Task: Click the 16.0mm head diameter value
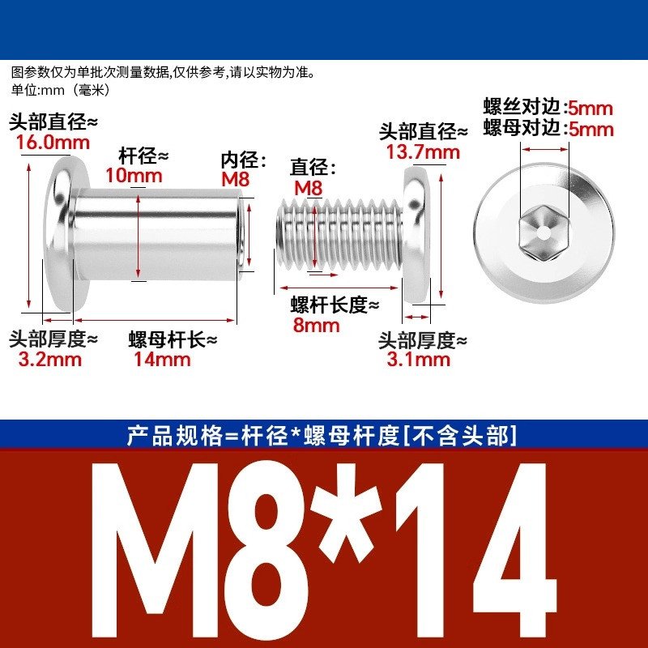pos(53,143)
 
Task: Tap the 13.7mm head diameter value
pos(423,152)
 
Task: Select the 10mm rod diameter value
pos(134,176)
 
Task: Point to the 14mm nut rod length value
pos(161,359)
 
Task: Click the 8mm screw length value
pos(316,326)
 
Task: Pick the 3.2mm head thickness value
pos(49,359)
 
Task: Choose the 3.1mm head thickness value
pos(418,359)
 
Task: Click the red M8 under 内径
pos(236,179)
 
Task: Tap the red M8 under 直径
pos(308,189)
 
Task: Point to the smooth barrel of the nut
pos(157,234)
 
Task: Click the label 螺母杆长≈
pos(173,339)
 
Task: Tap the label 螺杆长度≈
pos(335,305)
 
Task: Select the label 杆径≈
pos(143,156)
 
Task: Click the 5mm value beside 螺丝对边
pos(590,109)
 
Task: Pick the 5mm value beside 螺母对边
pos(591,130)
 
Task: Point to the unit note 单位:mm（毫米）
pos(61,90)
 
